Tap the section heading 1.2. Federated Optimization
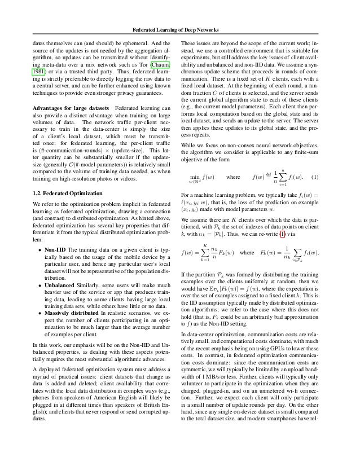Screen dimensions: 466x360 62,193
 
